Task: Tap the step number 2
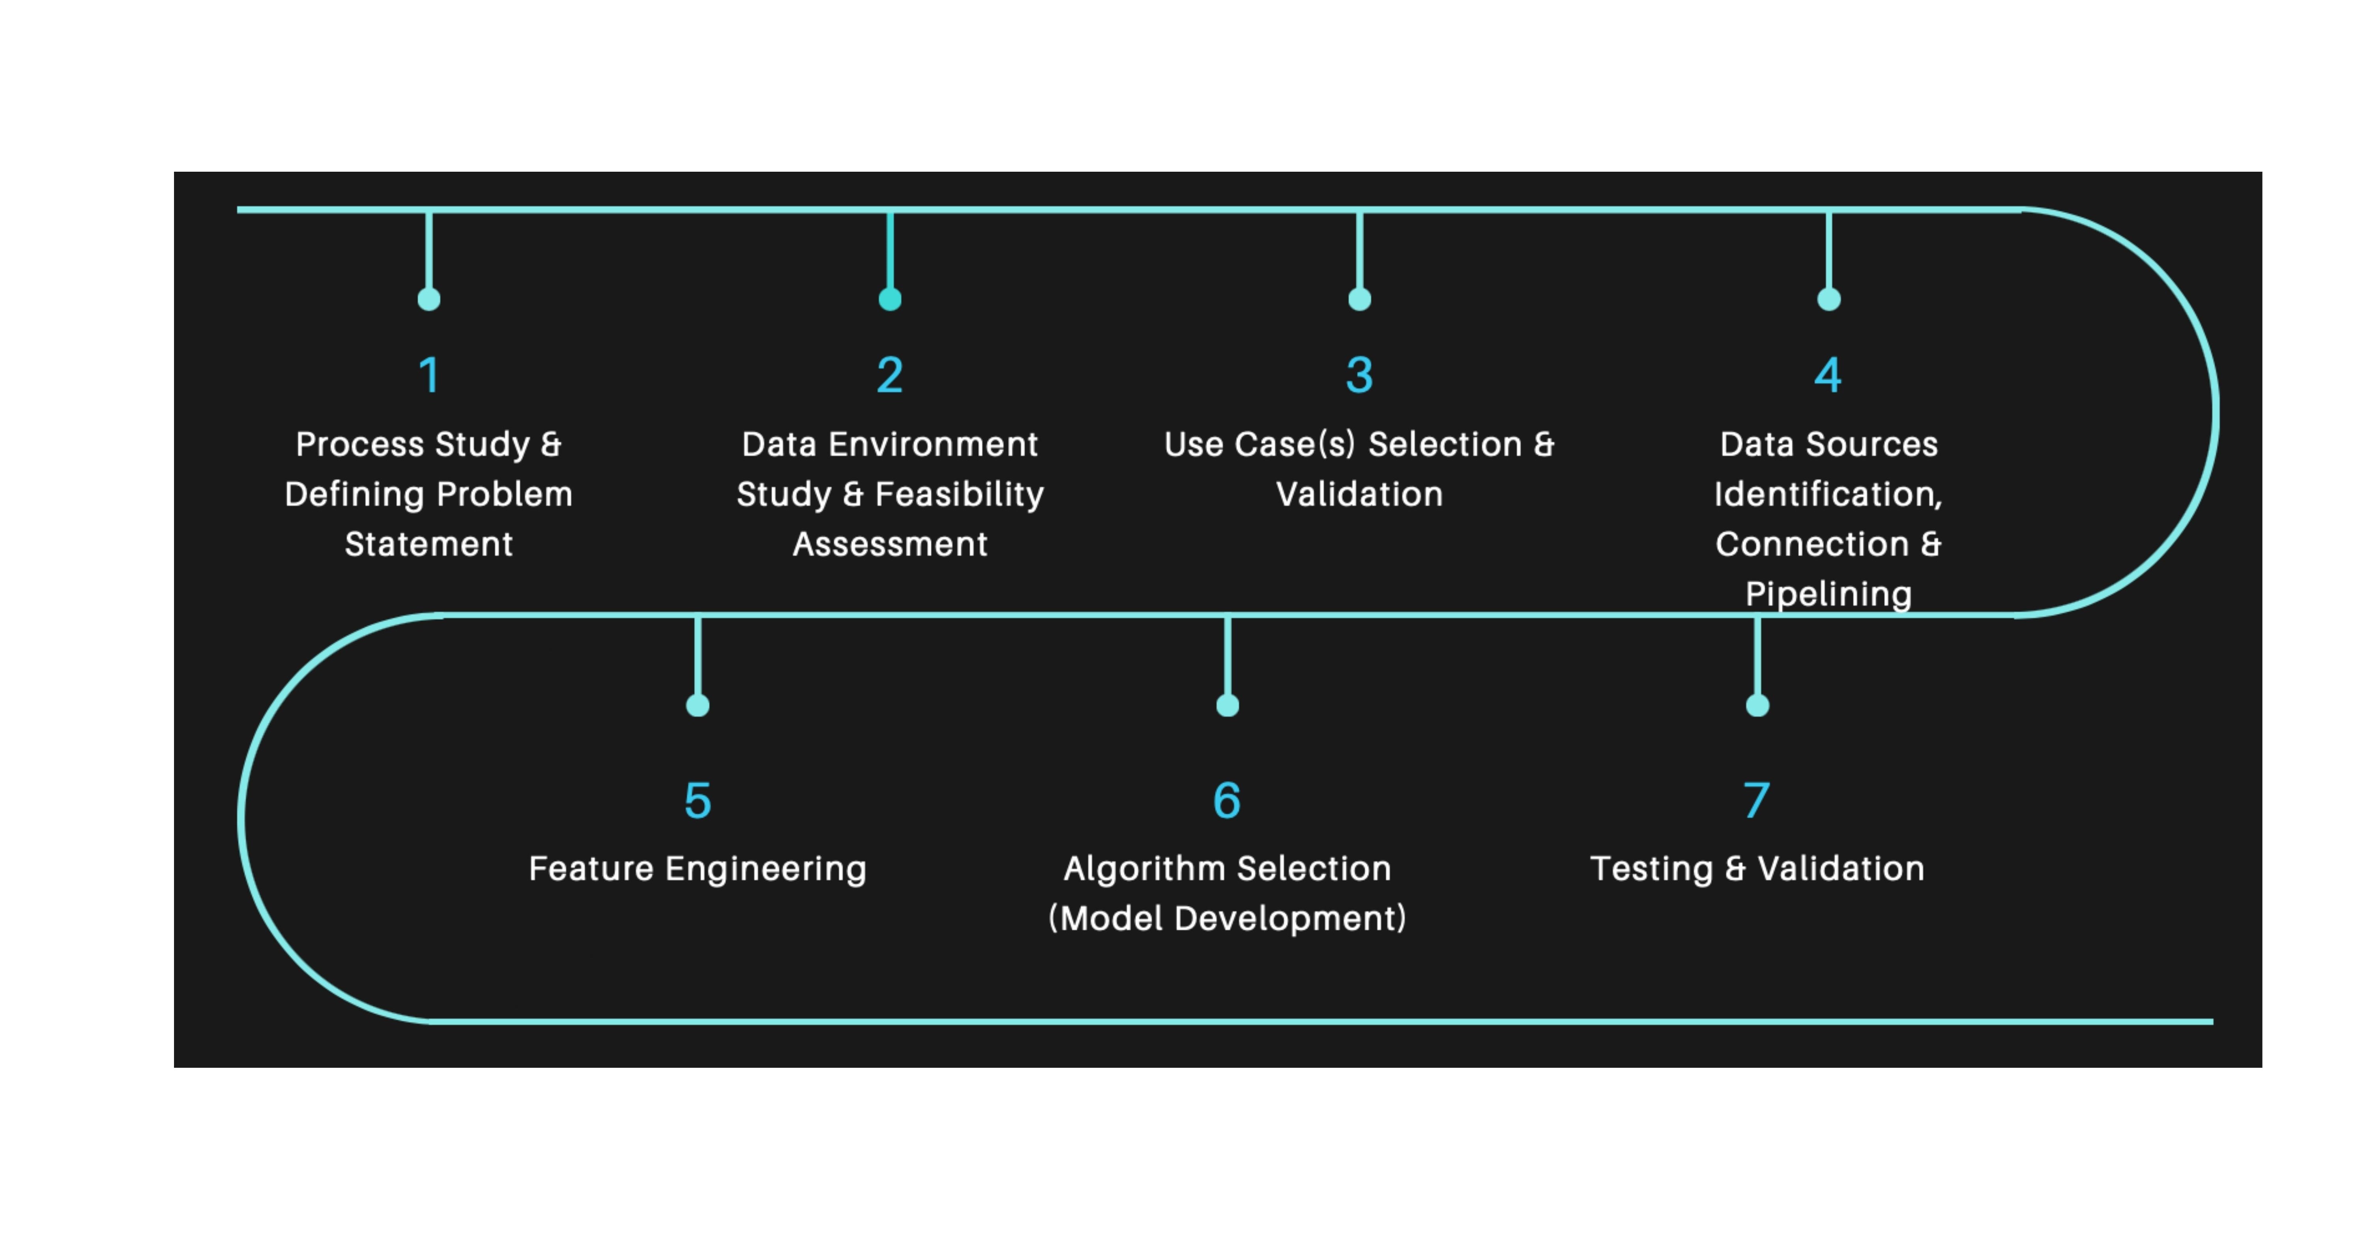point(890,375)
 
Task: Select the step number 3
point(1359,375)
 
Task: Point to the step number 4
point(1828,375)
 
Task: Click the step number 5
point(698,800)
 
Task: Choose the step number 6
point(1227,800)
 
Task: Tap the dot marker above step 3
point(1359,299)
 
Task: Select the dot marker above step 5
point(698,705)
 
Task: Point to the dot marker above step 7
point(1757,705)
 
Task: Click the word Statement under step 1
point(429,544)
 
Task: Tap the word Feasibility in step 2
point(959,494)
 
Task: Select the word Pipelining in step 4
point(1828,594)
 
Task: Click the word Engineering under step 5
point(765,869)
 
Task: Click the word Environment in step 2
point(933,444)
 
